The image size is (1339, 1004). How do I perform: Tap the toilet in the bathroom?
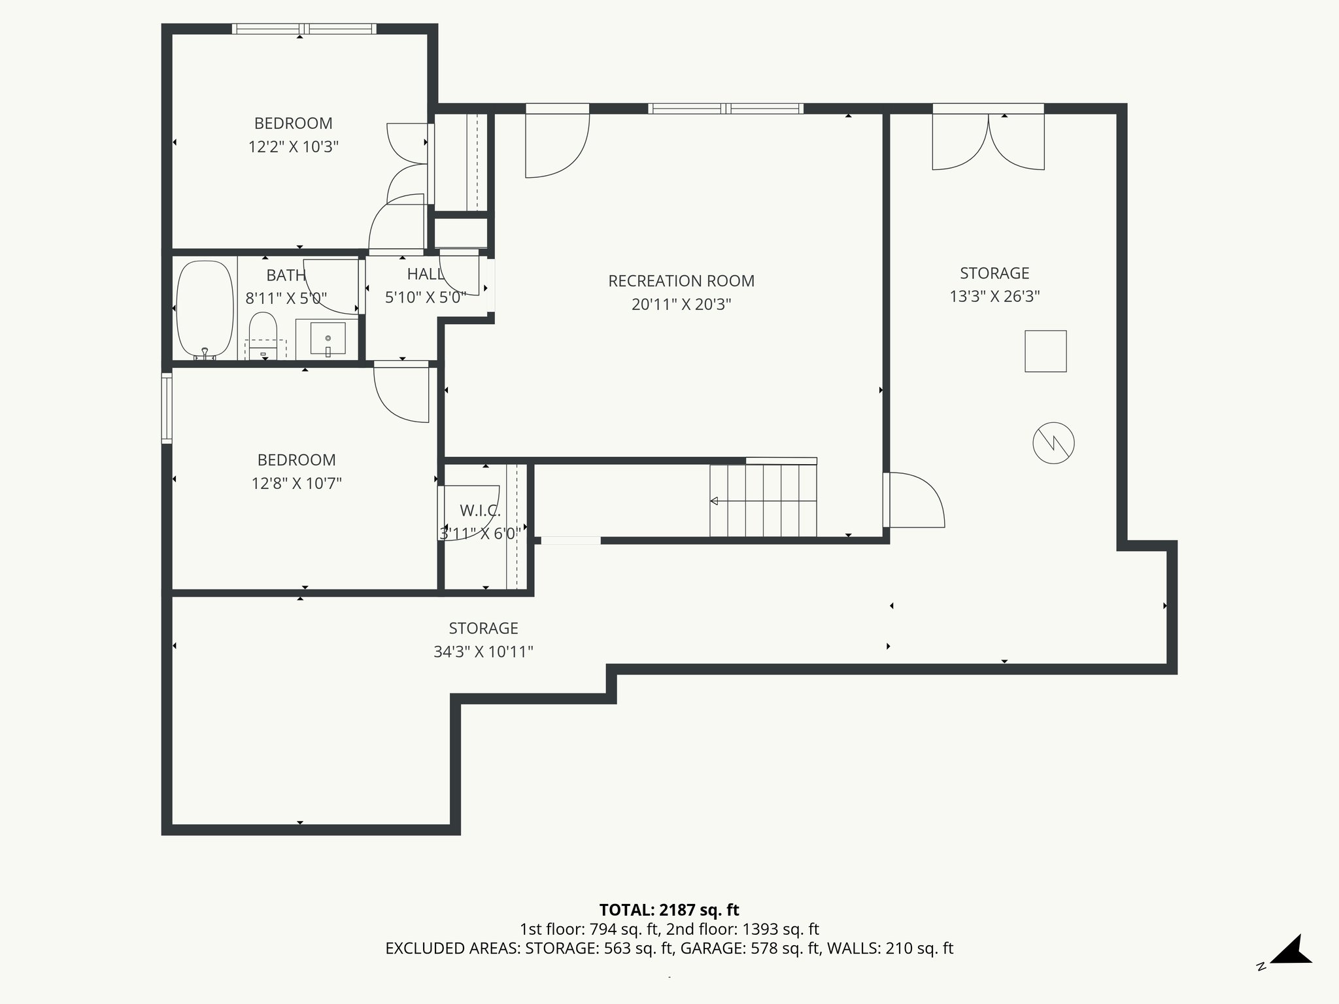(263, 335)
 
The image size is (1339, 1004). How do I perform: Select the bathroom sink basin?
(328, 338)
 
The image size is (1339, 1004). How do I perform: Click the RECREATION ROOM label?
(681, 281)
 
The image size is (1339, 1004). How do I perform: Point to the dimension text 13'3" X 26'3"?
(994, 297)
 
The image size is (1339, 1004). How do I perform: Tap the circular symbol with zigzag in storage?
(1053, 443)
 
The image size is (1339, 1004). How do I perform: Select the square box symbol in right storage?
(1045, 352)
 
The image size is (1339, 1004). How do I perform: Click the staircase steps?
(764, 500)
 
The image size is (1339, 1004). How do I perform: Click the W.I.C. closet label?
(480, 510)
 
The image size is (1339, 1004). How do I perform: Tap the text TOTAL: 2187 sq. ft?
(669, 910)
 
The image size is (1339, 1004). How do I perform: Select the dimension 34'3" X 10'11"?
(483, 652)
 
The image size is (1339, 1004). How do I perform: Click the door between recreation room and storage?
(913, 500)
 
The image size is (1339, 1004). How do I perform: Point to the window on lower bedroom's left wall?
(167, 407)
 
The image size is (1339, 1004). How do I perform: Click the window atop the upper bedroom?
(304, 29)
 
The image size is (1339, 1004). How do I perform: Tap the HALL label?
(425, 275)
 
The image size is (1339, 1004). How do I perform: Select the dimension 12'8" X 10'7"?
(297, 484)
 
